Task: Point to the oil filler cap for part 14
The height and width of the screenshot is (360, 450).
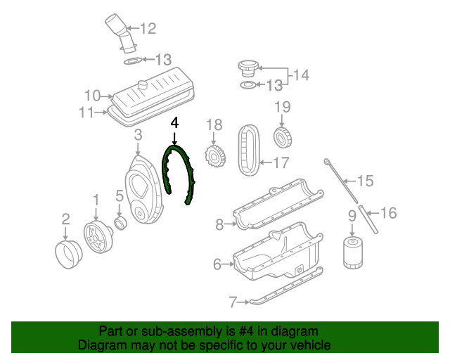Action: coord(247,69)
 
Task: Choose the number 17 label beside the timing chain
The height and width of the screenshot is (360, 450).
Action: coord(281,163)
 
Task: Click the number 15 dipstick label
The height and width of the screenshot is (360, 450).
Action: coord(364,181)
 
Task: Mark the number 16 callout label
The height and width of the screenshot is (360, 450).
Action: coord(389,212)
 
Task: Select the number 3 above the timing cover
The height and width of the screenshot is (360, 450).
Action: coord(138,134)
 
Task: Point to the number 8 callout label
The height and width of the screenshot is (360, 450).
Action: coord(219,225)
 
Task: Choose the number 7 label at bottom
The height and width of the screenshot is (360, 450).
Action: coord(233,303)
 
